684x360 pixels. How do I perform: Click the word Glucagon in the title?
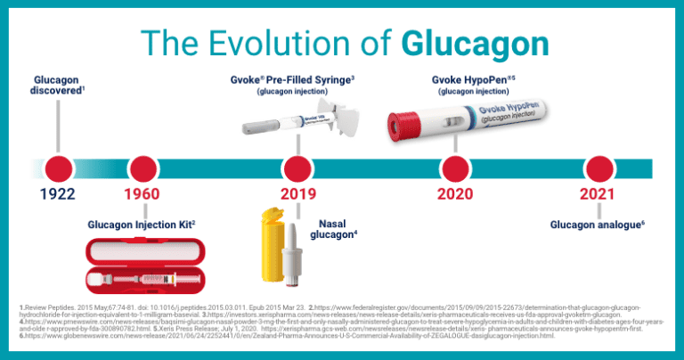coord(475,42)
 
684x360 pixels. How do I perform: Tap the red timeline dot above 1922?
coord(58,168)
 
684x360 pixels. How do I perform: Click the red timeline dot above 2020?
coord(455,168)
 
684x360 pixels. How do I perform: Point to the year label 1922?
coord(57,195)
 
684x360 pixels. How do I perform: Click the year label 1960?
coord(142,195)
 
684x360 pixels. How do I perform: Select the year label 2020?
coord(455,195)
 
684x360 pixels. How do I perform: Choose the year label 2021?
coord(597,195)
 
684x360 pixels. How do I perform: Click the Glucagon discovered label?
coord(57,86)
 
